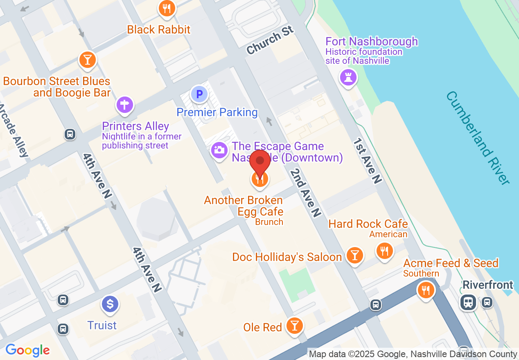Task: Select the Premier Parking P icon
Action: point(199,94)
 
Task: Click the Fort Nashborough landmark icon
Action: point(348,77)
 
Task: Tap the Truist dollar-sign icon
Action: point(110,304)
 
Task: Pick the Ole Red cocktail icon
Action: point(294,326)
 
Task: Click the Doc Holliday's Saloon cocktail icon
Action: point(354,255)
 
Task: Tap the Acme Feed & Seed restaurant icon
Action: point(426,290)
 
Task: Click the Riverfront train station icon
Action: point(468,302)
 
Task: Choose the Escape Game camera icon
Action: point(219,150)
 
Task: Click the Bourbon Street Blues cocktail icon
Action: point(87,60)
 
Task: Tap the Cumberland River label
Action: point(478,137)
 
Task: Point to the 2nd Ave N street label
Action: point(305,192)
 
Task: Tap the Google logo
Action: point(28,351)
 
